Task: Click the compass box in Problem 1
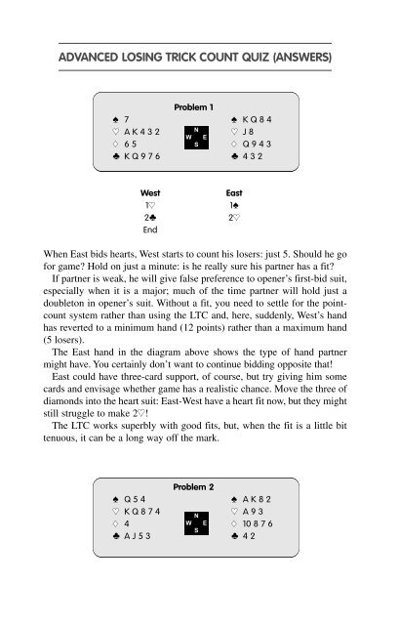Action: click(x=198, y=138)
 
